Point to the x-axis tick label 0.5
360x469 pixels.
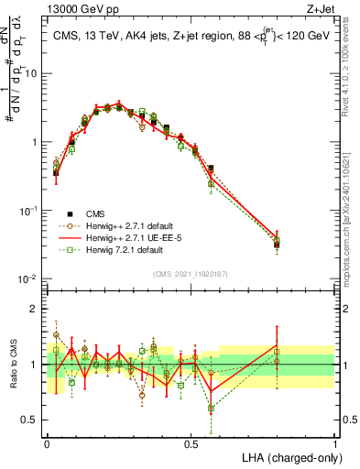coord(191,443)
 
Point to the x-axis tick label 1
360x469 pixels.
coord(335,443)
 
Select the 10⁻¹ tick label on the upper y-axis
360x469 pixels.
coord(29,210)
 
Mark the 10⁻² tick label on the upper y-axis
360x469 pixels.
coord(29,278)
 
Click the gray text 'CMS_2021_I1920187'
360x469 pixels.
coord(190,272)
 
